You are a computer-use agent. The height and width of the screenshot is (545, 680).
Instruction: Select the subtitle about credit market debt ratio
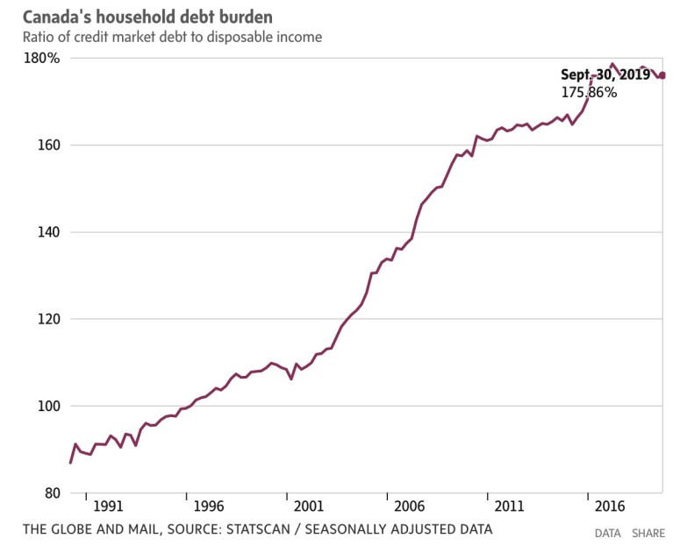(172, 37)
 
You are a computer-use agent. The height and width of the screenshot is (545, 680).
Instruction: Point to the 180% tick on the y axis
(40, 59)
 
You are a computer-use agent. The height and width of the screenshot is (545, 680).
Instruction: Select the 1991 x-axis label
(108, 506)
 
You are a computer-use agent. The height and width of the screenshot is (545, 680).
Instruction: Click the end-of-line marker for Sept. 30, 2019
(662, 75)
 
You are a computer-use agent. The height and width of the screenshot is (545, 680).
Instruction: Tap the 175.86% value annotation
(589, 91)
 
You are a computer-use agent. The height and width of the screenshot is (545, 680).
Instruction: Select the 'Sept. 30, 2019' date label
(605, 75)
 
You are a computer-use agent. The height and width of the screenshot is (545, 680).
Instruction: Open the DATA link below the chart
(608, 533)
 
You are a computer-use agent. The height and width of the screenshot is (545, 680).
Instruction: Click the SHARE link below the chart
(648, 533)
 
